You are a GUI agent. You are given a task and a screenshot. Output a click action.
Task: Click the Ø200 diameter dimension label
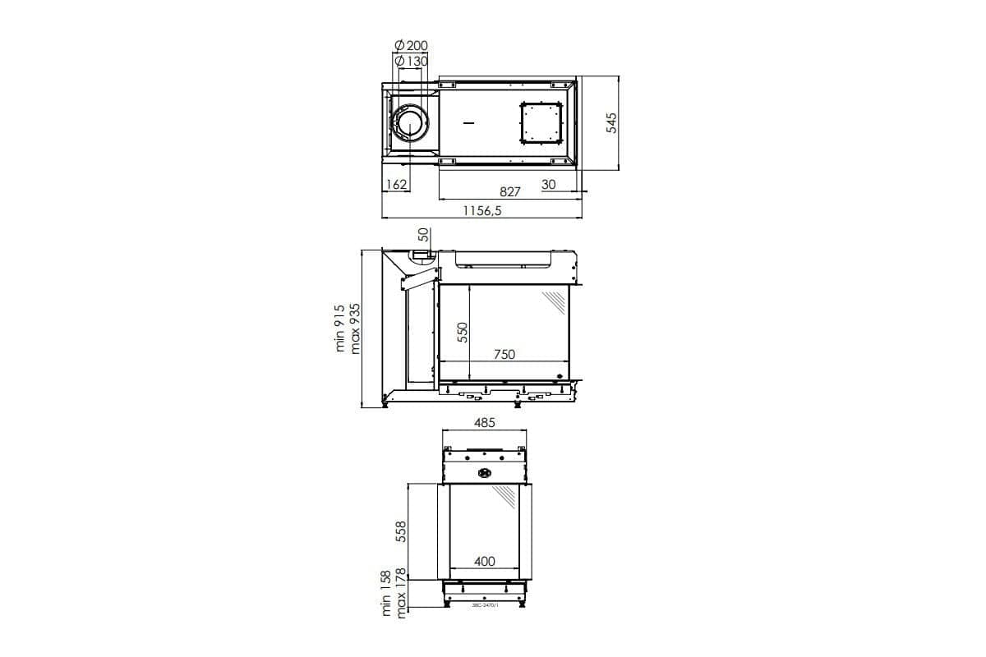(411, 46)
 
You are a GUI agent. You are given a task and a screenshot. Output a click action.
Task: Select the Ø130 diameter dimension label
(411, 62)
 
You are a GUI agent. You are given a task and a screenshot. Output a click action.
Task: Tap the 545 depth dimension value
(610, 124)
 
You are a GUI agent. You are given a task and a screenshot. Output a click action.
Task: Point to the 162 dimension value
(397, 185)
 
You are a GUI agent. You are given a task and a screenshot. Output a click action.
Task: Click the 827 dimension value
(510, 191)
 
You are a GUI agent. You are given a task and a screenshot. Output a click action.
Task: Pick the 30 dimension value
(549, 185)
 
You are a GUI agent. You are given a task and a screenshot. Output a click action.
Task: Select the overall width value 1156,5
(481, 211)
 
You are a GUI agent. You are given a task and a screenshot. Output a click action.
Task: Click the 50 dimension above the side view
(423, 235)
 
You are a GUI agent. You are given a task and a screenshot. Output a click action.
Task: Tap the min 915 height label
(341, 328)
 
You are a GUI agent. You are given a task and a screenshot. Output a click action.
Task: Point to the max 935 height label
(356, 328)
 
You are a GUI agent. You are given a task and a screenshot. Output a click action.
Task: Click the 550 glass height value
(463, 332)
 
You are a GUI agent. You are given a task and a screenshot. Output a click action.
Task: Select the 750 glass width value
(505, 354)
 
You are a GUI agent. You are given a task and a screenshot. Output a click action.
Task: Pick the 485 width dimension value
(485, 423)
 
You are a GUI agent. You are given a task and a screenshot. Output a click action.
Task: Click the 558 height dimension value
(402, 531)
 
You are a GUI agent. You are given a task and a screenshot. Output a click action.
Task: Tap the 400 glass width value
(485, 562)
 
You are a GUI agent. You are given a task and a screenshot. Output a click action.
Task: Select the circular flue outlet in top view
(409, 123)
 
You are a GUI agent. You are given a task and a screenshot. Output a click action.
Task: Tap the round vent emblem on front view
(484, 472)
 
